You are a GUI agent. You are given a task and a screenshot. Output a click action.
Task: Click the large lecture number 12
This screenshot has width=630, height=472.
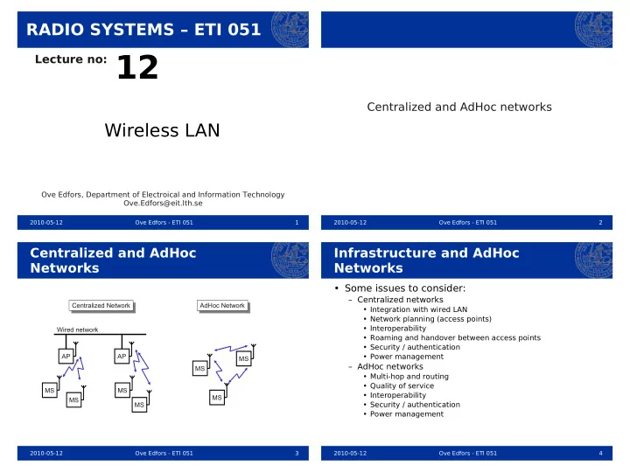pos(137,67)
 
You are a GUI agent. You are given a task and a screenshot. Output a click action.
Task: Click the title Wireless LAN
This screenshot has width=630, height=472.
pos(163,130)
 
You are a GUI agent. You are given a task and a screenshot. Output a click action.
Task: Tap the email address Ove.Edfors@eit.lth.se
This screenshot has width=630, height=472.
pos(163,203)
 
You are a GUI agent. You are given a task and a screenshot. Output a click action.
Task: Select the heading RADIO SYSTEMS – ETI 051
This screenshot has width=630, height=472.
pos(143,30)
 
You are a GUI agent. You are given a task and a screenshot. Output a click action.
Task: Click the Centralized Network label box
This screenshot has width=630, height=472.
pos(101,305)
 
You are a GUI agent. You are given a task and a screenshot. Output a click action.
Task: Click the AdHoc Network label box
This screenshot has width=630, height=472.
pos(222,305)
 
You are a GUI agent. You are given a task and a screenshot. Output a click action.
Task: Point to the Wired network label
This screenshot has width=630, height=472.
pos(77,330)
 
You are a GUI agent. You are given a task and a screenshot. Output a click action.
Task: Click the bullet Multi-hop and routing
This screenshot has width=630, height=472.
pos(409,377)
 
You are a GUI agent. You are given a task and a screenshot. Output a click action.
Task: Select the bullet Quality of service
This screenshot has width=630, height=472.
pos(402,385)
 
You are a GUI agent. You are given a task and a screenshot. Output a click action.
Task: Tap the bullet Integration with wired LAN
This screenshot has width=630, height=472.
pos(418,309)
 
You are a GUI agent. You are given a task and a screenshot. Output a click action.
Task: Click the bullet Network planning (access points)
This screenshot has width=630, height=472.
pos(430,319)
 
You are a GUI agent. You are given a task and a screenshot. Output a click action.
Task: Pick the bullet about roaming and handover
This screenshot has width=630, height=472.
pos(455,337)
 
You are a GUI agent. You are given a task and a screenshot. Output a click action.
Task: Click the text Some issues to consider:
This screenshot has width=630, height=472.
pos(405,288)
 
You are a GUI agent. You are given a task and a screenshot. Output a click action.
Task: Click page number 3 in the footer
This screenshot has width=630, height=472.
pos(297,453)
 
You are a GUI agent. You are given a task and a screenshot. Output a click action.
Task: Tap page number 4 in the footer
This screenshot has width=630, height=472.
pos(600,453)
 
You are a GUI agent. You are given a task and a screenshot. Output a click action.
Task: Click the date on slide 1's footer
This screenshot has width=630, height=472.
pos(46,222)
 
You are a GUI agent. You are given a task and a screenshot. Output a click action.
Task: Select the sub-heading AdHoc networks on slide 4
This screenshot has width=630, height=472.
pos(390,366)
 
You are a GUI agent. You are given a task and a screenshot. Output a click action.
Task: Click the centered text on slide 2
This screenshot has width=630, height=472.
pos(459,107)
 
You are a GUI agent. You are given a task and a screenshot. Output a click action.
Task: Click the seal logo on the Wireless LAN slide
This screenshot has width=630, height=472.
pos(290,30)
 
